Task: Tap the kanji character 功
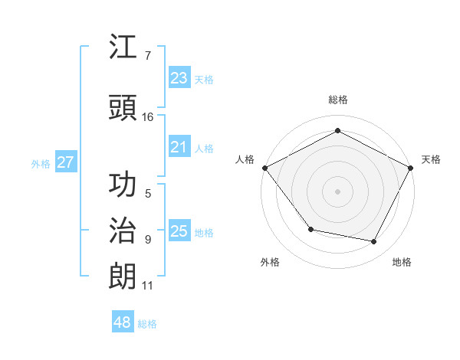[x=123, y=185]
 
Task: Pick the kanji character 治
[x=123, y=231]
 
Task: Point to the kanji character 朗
[x=123, y=277]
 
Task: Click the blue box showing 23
[x=179, y=78]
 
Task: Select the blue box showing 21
[x=179, y=147]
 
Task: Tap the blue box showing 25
[x=179, y=231]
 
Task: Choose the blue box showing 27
[x=65, y=162]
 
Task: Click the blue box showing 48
[x=123, y=322]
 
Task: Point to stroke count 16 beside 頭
[x=147, y=116]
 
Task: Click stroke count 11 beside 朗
[x=147, y=286]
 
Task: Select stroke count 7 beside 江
[x=147, y=56]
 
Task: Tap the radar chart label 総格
[x=337, y=100]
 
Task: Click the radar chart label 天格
[x=431, y=159]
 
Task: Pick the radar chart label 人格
[x=245, y=159]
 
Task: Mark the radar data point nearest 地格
[x=374, y=242]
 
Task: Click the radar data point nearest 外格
[x=310, y=229]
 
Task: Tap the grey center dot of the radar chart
[x=337, y=191]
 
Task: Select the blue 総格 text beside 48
[x=147, y=324]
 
